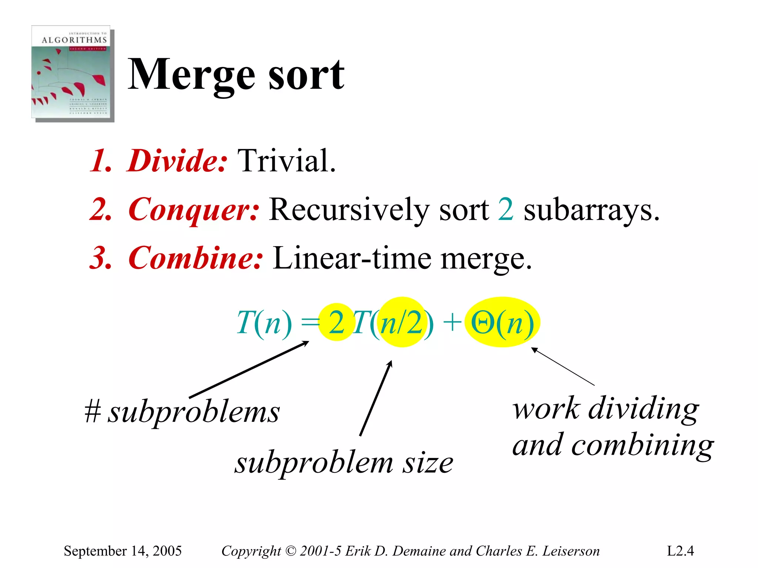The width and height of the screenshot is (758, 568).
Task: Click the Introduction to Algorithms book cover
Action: coord(72,73)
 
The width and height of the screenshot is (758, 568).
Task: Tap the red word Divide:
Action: coord(177,161)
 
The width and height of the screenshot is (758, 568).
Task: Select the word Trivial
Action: coord(286,161)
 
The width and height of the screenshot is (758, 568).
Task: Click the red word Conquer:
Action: coord(194,210)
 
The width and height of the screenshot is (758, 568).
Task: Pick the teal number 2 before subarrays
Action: coord(506,210)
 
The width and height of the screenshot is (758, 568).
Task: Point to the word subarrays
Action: coord(591,210)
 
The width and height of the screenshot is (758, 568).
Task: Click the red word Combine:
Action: coord(195,258)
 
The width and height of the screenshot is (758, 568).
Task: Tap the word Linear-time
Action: coord(352,258)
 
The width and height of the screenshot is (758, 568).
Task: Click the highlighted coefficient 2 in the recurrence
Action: coord(336,323)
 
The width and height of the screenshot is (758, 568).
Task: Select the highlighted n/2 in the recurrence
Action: coord(402,323)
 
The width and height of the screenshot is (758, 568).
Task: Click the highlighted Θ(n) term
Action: coord(502,323)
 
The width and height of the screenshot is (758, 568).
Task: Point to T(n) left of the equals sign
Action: coord(264,323)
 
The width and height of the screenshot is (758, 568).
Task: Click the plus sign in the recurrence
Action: coord(452,322)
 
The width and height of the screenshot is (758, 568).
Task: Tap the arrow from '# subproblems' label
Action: coord(249,370)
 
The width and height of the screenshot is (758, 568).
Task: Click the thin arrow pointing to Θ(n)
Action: coord(563,367)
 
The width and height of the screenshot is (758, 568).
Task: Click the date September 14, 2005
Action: coord(123,551)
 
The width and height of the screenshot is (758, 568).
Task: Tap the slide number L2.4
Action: coord(680,551)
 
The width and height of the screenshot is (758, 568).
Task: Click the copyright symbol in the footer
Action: coord(291,551)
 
